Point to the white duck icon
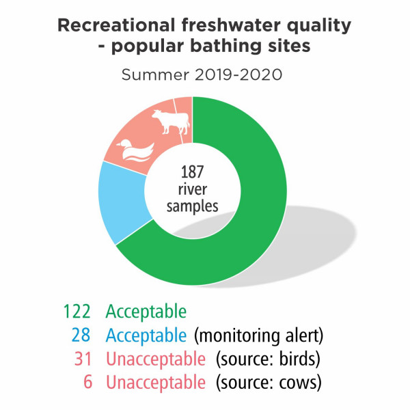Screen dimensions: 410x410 pyautogui.click(x=135, y=150)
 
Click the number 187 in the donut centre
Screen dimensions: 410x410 pyautogui.click(x=192, y=172)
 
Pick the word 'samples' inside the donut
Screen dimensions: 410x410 pyautogui.click(x=192, y=206)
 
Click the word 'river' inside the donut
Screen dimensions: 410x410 pyautogui.click(x=193, y=189)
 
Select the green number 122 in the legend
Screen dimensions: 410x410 pyautogui.click(x=77, y=311)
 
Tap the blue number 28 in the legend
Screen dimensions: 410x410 pyautogui.click(x=81, y=335)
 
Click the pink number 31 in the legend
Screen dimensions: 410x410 pyautogui.click(x=83, y=359)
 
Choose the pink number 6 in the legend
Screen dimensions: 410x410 pyautogui.click(x=88, y=382)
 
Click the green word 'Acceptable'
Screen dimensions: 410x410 pyautogui.click(x=146, y=312)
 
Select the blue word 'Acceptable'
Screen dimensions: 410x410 pyautogui.click(x=146, y=336)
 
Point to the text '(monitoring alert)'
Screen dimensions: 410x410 pyautogui.click(x=258, y=336)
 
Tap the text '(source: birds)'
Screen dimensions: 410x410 pyautogui.click(x=268, y=359)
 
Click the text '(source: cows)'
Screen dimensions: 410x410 pyautogui.click(x=269, y=383)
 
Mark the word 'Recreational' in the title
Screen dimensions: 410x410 pyautogui.click(x=116, y=25)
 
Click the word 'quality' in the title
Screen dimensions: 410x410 pyautogui.click(x=319, y=26)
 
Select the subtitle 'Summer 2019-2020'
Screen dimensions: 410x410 pyautogui.click(x=202, y=74)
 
